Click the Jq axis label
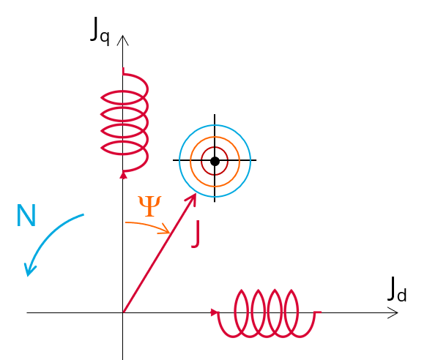100,31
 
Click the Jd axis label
397,289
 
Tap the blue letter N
26,215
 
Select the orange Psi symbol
149,206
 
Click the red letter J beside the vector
196,234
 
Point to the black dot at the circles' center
215,161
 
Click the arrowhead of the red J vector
192,198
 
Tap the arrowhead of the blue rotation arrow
29,270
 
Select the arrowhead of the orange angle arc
166,229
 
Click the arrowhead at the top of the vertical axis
123,40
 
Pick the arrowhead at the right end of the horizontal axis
393,313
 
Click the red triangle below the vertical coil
123,175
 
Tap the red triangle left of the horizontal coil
215,312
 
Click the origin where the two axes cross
123,313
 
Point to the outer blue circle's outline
179,161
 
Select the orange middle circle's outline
190,162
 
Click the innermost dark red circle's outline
201,161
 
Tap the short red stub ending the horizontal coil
318,312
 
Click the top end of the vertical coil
124,68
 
